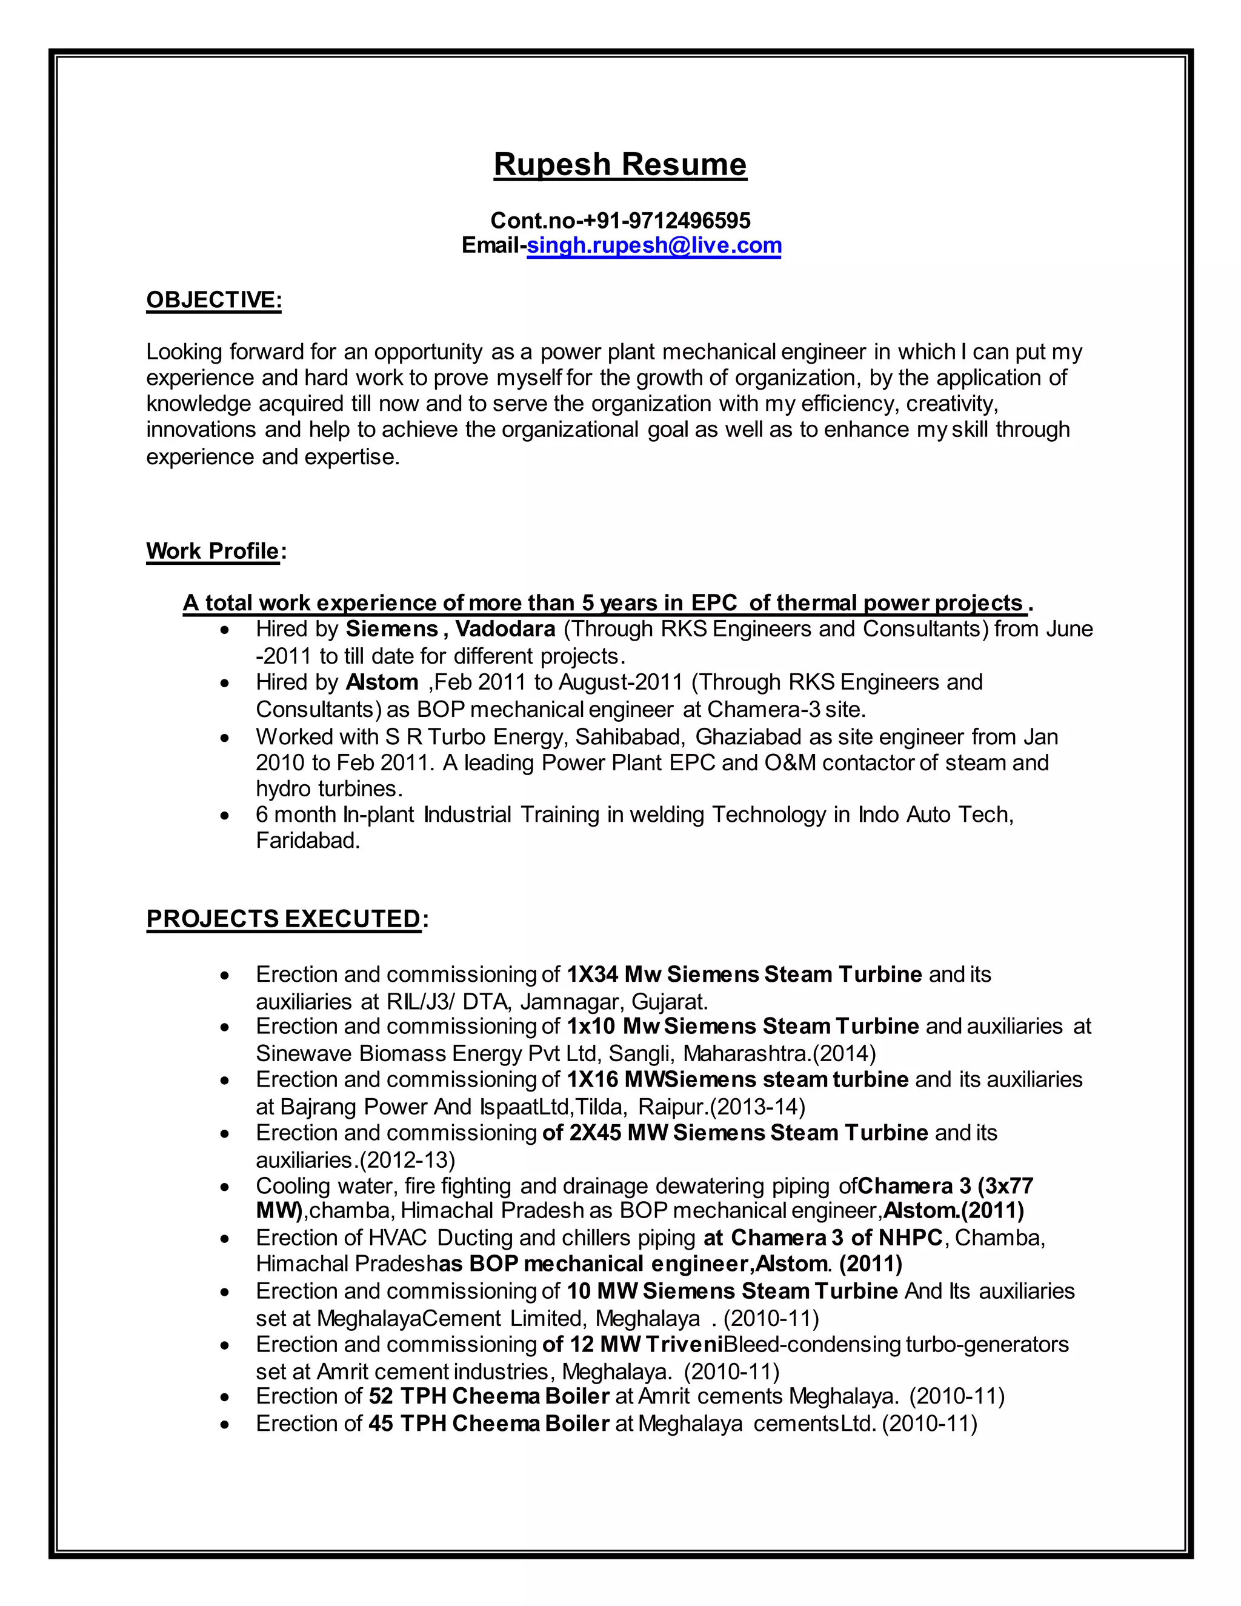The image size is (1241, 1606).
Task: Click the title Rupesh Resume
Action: (620, 164)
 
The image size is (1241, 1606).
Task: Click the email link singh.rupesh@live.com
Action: (654, 245)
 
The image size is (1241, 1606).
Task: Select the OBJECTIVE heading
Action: (213, 300)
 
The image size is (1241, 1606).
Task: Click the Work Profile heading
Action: (213, 551)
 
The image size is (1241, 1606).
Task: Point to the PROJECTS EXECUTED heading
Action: (283, 919)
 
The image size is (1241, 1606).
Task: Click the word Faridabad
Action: (308, 841)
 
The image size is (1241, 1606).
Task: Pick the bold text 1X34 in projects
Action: (593, 975)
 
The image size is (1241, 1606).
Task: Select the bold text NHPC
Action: (910, 1238)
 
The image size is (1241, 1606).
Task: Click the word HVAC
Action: (398, 1238)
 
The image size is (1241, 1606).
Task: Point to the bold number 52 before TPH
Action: (381, 1396)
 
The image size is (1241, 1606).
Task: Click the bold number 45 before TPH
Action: (381, 1424)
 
